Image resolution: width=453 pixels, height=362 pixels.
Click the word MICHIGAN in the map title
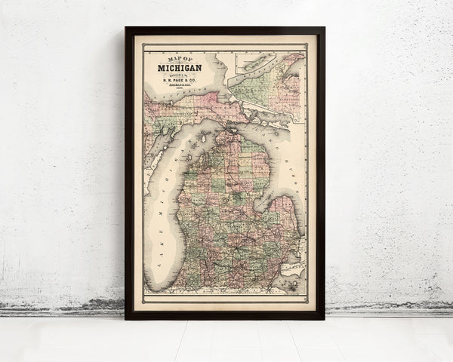pyautogui.click(x=179, y=69)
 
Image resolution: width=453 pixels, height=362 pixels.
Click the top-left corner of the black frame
pyautogui.click(x=127, y=29)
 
